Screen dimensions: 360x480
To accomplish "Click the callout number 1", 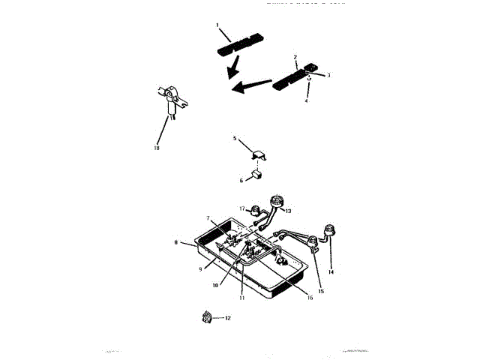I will coord(217,25).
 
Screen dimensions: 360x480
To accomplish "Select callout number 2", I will coord(295,57).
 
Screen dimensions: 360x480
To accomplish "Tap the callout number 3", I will coord(328,75).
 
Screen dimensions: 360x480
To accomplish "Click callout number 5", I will coord(235,139).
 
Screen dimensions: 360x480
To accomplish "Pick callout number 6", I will coord(241,180).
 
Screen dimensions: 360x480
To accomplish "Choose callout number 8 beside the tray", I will coord(175,243).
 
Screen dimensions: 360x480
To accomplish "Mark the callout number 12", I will coord(228,319).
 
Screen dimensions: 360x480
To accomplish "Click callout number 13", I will coord(289,211).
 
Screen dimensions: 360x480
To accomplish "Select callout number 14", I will coord(330,271).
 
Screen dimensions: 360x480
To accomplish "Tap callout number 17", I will coord(242,208).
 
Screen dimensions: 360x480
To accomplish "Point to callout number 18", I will coord(157,148).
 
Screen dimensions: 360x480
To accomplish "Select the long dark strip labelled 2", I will coord(289,77).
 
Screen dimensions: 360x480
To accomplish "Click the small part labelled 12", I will coord(205,319).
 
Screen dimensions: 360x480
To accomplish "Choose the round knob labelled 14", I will coord(328,229).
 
